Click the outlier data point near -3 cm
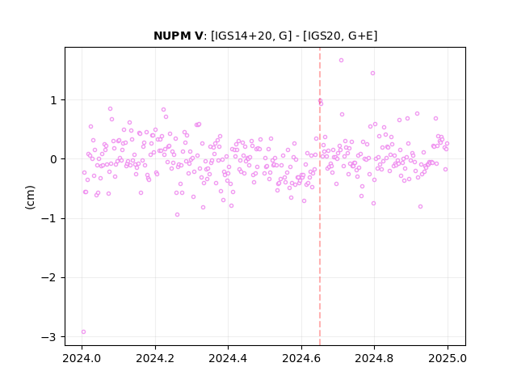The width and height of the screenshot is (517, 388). (83, 332)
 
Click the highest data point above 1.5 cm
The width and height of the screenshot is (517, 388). (341, 61)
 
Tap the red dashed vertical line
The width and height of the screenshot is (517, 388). (320, 196)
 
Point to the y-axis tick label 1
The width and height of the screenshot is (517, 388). (54, 100)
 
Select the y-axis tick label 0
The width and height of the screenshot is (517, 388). (53, 159)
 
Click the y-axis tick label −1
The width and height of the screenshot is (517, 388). (49, 219)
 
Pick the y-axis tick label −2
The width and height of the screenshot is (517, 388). (49, 278)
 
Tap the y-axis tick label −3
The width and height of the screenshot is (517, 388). (49, 337)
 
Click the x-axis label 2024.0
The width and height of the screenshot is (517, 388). (82, 358)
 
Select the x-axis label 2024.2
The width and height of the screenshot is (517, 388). (155, 358)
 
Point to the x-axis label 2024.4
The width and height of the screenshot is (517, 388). (228, 358)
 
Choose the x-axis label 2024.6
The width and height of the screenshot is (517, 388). (301, 358)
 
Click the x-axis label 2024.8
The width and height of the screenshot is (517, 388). (374, 358)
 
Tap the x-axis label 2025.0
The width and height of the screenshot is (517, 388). (448, 358)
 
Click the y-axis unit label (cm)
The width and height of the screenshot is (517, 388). (30, 197)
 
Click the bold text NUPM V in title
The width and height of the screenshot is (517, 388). (179, 36)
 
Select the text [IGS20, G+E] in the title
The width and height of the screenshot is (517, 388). (340, 36)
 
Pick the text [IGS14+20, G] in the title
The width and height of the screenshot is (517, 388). (251, 36)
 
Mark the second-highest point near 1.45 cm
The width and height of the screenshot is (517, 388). (372, 74)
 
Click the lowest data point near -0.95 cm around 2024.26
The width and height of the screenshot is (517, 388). (177, 215)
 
